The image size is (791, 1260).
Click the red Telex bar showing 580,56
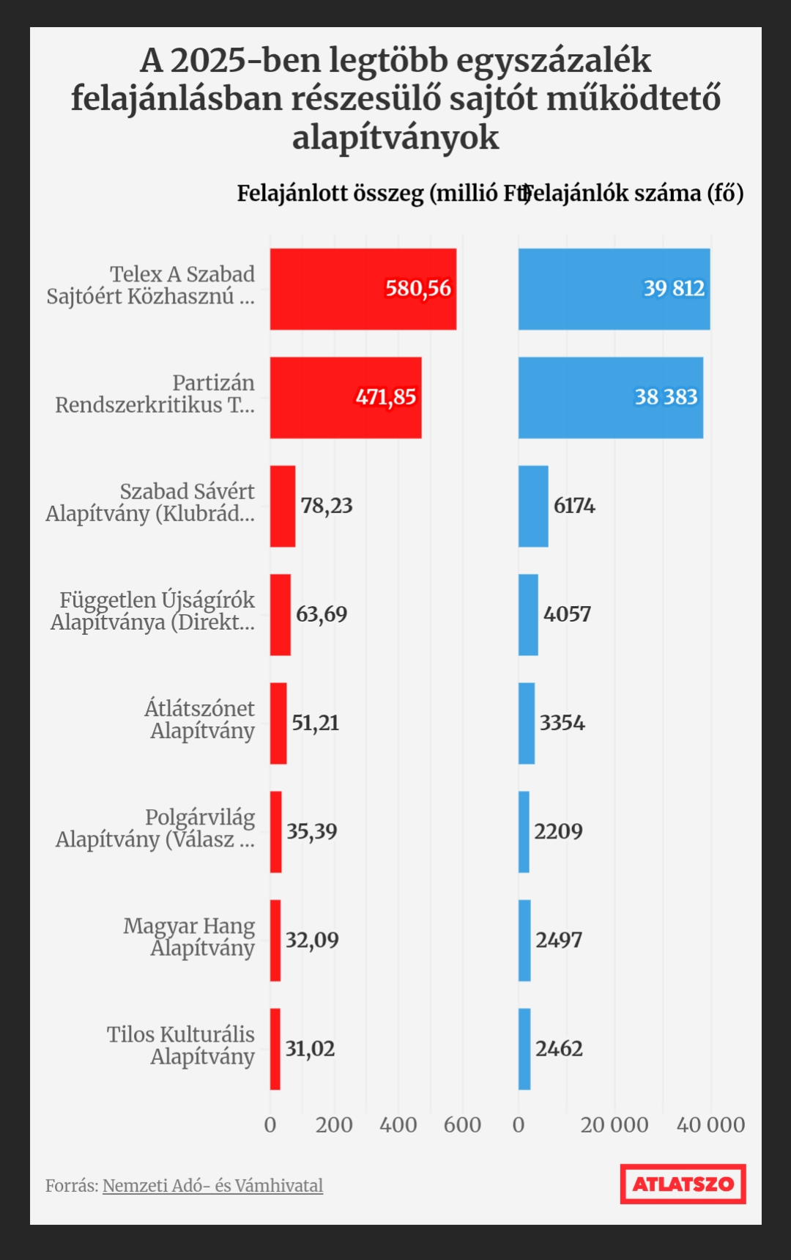(x=363, y=289)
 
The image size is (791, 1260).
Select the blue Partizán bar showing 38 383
(x=611, y=398)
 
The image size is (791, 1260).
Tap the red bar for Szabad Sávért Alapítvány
(x=283, y=506)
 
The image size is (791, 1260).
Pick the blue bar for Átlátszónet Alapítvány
(x=527, y=723)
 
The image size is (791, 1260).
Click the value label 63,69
(x=322, y=614)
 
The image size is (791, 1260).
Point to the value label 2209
(x=558, y=831)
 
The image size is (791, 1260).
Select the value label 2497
(x=559, y=940)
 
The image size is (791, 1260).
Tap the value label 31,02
(x=310, y=1049)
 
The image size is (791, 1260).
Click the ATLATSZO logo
(x=683, y=1184)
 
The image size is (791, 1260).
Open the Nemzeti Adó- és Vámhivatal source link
(x=212, y=1185)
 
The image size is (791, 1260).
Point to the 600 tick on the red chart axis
(x=462, y=1124)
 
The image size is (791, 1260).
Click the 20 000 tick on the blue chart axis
(x=614, y=1124)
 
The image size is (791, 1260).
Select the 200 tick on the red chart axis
(x=334, y=1124)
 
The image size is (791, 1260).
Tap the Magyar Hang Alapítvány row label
(x=189, y=937)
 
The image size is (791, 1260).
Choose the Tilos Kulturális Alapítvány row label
(x=181, y=1045)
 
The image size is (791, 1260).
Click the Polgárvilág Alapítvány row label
(x=155, y=828)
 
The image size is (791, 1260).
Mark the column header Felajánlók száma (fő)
(x=634, y=194)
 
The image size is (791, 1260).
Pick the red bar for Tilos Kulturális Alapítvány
(x=275, y=1050)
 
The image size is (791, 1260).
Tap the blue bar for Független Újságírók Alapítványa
(x=528, y=615)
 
